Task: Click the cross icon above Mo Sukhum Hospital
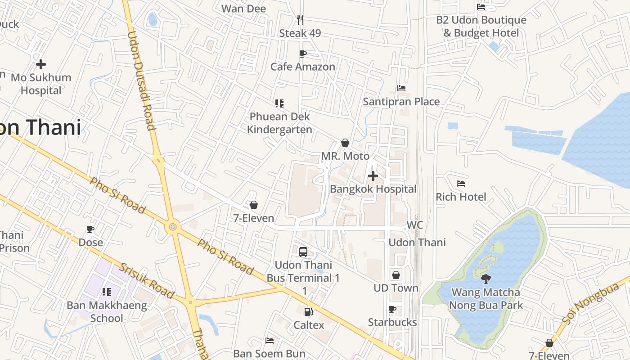41,64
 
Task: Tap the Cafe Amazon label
302,67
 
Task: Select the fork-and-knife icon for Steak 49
300,19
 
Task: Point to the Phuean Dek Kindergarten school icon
279,103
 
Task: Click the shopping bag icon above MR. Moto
345,143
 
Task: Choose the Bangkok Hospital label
373,189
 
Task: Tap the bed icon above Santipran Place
401,88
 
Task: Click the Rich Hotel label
461,197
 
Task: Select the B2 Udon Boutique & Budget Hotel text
481,27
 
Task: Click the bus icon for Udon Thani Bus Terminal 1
303,252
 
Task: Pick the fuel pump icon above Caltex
309,311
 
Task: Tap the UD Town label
396,288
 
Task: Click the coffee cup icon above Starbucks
392,309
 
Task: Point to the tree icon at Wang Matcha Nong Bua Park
486,279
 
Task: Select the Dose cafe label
91,243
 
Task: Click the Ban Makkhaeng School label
107,312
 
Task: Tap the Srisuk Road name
146,281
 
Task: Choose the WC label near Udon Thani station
414,225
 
